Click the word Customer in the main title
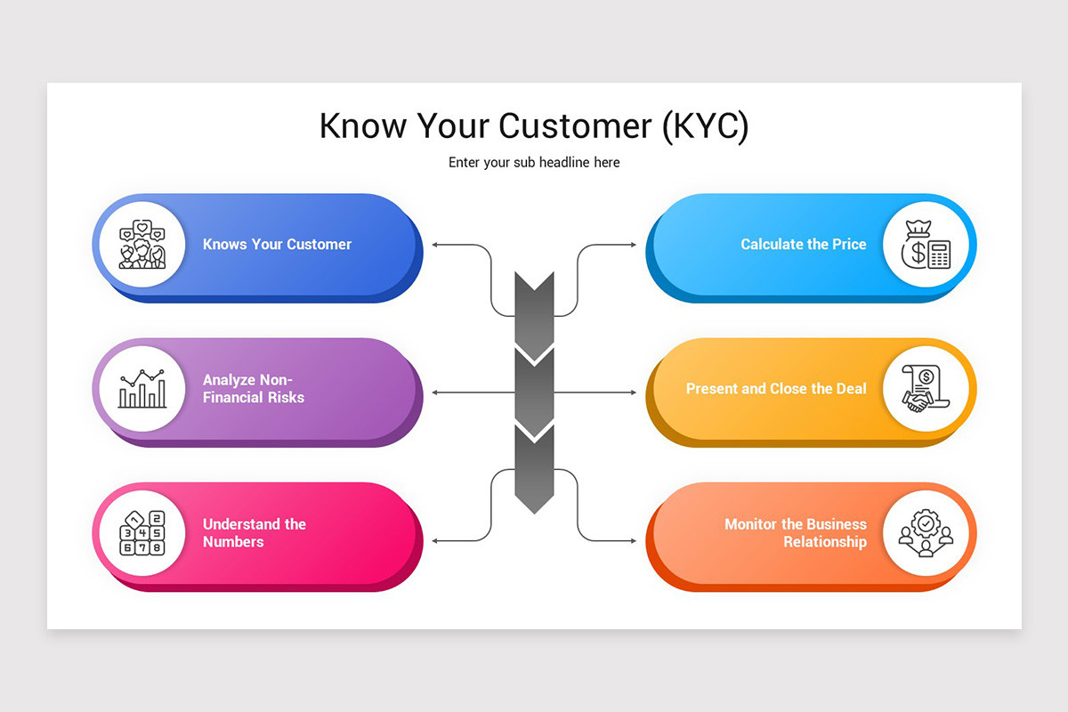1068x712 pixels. (x=575, y=125)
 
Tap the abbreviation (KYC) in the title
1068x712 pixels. (x=705, y=125)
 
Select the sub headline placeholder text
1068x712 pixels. (x=534, y=163)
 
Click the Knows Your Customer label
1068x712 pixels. (x=277, y=244)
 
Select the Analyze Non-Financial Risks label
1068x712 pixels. (x=254, y=389)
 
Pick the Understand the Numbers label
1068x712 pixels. (x=255, y=533)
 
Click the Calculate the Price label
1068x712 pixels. (x=803, y=244)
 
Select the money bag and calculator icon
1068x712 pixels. (x=926, y=245)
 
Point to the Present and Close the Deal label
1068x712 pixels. (x=776, y=389)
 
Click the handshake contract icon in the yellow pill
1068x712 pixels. (x=926, y=389)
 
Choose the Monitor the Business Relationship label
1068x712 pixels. (x=796, y=533)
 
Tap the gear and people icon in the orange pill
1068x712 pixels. (x=926, y=533)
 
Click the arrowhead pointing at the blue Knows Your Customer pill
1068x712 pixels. (x=435, y=244)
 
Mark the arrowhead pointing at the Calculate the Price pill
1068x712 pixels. (x=633, y=244)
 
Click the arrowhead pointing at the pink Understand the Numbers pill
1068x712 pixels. (x=435, y=540)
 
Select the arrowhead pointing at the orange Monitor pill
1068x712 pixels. (x=633, y=540)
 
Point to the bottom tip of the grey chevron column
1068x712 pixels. (x=535, y=513)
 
